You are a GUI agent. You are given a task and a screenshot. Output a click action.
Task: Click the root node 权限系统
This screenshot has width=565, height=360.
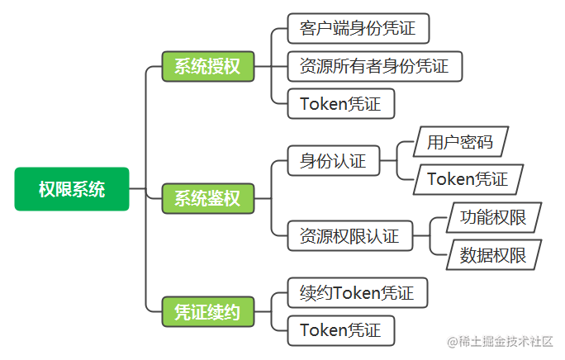click(72, 189)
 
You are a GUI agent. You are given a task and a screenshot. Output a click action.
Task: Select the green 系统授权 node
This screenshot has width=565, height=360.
click(208, 66)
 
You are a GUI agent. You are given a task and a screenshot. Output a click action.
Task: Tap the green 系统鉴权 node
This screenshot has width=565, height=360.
click(208, 198)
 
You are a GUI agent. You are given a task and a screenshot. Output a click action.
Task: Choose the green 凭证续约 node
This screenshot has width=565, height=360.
click(208, 312)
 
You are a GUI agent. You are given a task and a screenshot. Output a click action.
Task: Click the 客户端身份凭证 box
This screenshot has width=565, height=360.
click(358, 28)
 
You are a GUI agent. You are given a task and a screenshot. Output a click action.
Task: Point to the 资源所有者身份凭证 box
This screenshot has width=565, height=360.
click(375, 66)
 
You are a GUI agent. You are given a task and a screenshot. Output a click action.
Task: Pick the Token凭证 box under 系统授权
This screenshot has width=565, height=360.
click(341, 104)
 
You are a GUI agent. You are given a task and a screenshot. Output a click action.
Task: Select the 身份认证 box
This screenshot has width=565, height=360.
click(334, 161)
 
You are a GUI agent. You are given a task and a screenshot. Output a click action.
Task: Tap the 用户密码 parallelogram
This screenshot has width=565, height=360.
click(460, 142)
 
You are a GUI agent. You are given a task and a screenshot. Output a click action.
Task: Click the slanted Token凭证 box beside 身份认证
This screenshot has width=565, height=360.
click(468, 179)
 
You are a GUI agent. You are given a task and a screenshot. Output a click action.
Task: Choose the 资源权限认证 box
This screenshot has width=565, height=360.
click(350, 236)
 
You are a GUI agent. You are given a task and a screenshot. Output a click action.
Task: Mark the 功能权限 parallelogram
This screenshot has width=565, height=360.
click(494, 217)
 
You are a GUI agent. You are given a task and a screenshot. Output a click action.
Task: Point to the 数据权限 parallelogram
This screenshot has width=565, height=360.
click(494, 255)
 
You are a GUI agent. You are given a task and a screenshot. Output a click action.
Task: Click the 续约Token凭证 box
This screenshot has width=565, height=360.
click(358, 292)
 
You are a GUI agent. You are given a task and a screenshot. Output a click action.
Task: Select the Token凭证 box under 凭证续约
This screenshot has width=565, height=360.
click(341, 331)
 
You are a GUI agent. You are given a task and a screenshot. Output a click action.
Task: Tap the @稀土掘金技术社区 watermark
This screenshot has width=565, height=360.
click(500, 341)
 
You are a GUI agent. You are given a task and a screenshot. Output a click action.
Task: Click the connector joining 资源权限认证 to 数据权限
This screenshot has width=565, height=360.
click(430, 249)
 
